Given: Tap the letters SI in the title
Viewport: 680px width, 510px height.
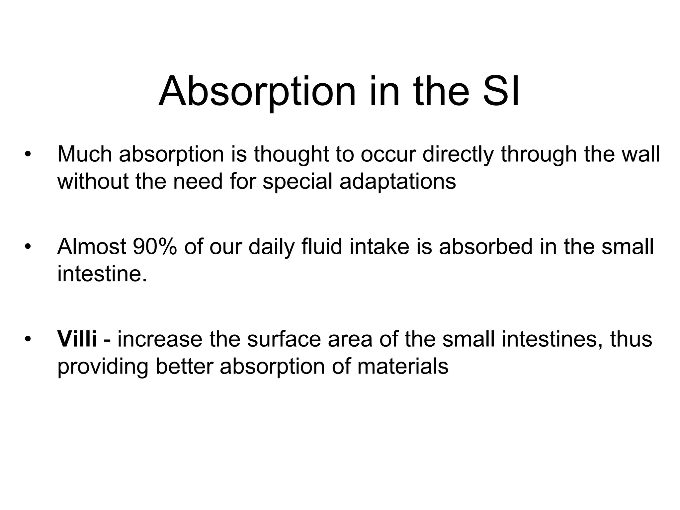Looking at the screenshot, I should (x=501, y=91).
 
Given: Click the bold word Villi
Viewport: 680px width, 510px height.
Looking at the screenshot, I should (x=77, y=339).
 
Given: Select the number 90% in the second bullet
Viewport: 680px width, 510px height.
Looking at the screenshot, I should (x=154, y=247).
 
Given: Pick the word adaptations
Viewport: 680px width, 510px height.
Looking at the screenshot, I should (x=397, y=182).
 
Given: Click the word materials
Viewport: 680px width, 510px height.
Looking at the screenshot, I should (x=403, y=366).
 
